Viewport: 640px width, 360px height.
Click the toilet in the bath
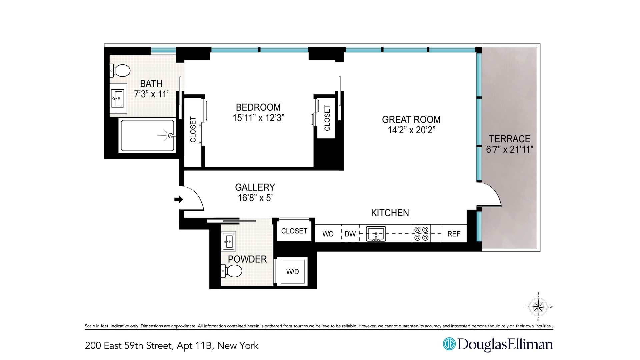click(120, 71)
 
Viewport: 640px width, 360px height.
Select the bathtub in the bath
click(147, 136)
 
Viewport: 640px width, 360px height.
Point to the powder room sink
click(229, 241)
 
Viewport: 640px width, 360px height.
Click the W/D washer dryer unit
click(292, 272)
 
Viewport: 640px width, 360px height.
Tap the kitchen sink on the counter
click(376, 234)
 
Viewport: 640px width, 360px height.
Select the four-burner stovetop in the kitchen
click(421, 234)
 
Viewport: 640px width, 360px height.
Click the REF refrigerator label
click(454, 234)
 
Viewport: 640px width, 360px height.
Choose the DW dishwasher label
click(350, 234)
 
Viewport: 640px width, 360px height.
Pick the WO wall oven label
click(328, 234)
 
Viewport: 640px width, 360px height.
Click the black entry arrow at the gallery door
click(179, 199)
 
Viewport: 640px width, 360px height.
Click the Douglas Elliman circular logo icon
click(449, 344)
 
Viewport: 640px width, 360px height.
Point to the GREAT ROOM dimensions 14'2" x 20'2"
click(411, 130)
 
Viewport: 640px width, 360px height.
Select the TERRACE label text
click(509, 139)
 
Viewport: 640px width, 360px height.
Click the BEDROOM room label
click(258, 107)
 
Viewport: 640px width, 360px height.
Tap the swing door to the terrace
click(489, 195)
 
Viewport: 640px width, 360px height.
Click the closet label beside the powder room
click(294, 231)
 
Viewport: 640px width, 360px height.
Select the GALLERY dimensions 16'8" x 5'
click(255, 198)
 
